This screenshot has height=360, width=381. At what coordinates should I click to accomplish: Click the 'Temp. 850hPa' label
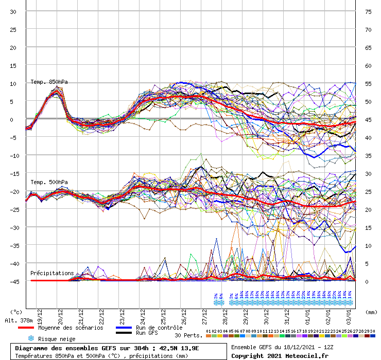[x=49, y=82]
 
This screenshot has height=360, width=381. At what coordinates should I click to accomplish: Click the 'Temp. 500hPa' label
[x=49, y=182]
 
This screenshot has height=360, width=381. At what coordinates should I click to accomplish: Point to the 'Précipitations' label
[x=52, y=273]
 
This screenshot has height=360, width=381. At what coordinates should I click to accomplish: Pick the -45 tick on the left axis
[x=13, y=281]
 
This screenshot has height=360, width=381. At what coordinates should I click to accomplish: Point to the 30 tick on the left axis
[x=13, y=12]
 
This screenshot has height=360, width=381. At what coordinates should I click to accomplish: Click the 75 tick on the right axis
[x=369, y=12]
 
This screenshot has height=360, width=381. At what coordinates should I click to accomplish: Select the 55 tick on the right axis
[x=369, y=83]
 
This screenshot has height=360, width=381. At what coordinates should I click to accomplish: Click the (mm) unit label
[x=369, y=312]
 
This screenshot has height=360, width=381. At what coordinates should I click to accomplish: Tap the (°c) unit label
[x=16, y=312]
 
